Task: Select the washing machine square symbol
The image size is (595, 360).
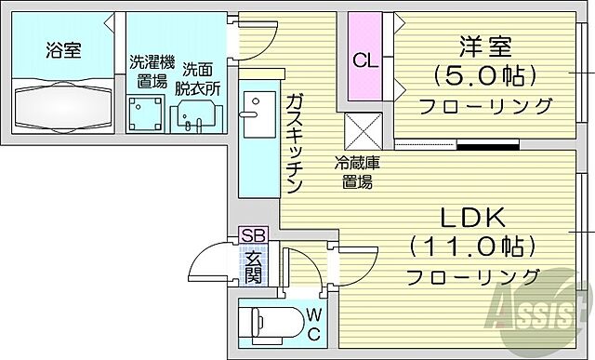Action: (x=144, y=113)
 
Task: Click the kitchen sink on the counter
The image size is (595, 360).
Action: (x=252, y=102)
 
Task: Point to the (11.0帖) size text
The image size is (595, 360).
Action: (x=472, y=247)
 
